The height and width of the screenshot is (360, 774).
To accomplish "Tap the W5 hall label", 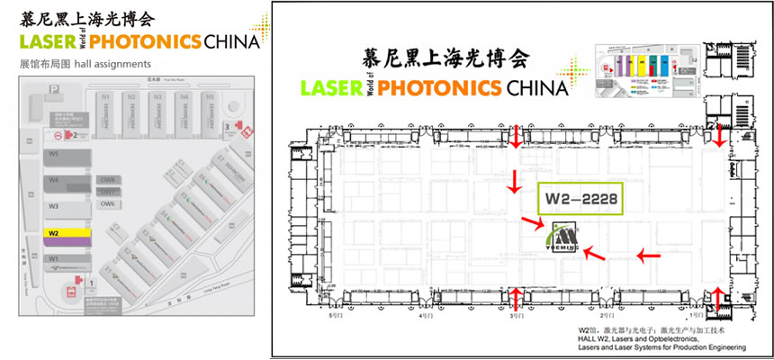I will (x=54, y=154).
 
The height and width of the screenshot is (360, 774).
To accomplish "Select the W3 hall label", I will (x=54, y=206).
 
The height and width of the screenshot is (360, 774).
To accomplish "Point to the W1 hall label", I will (x=54, y=259).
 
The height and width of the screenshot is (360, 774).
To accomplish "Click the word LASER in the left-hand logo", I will (x=45, y=40).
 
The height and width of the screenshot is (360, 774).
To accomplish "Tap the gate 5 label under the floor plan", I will (x=337, y=316).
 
